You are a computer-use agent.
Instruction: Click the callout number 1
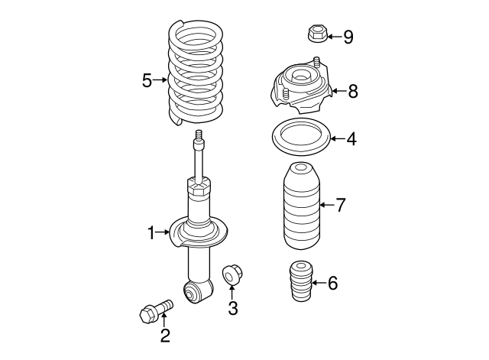151,231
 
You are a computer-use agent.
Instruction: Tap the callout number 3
233,308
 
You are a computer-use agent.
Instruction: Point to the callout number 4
351,140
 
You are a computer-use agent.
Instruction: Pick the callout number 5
147,79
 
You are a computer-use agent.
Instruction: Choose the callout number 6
332,283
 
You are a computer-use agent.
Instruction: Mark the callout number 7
341,204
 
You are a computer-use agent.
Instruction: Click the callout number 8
352,92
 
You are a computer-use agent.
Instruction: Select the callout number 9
348,37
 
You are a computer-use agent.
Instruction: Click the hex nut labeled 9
316,34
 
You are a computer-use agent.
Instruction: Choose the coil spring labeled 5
196,73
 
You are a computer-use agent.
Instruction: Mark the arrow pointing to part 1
164,231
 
